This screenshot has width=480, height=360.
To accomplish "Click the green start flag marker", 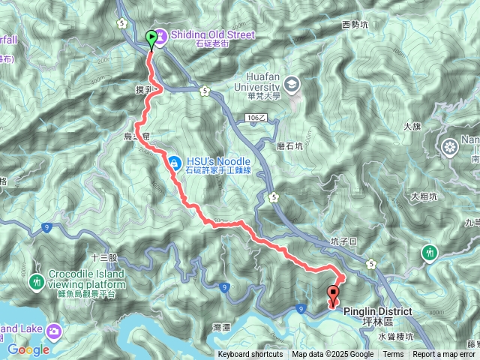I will (152, 37).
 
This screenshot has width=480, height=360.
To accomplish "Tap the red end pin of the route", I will (334, 295).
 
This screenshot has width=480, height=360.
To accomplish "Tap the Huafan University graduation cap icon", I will (291, 82).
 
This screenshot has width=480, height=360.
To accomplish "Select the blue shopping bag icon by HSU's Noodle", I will (174, 161).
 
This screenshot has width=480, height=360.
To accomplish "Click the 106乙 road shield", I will (256, 118).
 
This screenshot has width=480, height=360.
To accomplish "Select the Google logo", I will (28, 349).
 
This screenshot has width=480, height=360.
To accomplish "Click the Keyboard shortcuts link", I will (250, 355).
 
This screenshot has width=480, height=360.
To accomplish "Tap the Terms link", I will (393, 355).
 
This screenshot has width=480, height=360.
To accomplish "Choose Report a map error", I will (445, 355).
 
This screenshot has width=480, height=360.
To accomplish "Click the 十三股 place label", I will (104, 257).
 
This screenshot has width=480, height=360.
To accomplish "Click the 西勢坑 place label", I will (355, 25).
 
